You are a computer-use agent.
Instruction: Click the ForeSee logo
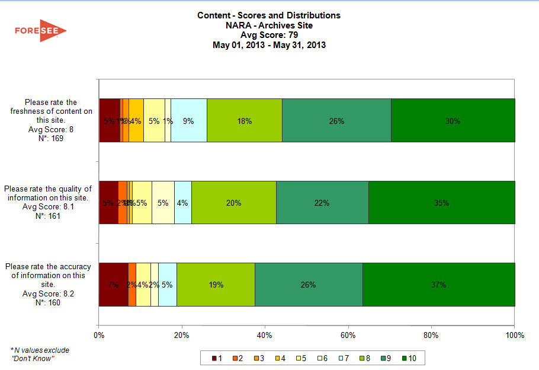click(x=40, y=31)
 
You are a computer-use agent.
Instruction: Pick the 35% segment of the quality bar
click(x=441, y=202)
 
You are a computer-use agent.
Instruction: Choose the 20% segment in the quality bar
click(x=234, y=202)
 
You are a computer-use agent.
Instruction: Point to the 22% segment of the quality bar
click(x=322, y=202)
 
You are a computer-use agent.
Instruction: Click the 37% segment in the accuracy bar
click(x=438, y=285)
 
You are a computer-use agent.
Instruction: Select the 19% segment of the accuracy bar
click(x=216, y=285)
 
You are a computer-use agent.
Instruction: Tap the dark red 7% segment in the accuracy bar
click(x=113, y=285)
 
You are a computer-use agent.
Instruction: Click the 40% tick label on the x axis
click(x=265, y=336)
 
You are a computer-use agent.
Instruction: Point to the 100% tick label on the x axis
click(x=515, y=336)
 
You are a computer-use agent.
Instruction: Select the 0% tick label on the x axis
click(x=99, y=336)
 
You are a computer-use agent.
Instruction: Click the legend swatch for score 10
click(x=405, y=358)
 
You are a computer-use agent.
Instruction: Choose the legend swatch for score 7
click(x=341, y=358)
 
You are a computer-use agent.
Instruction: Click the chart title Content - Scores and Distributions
click(x=269, y=15)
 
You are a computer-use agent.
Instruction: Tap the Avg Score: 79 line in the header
click(x=269, y=35)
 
